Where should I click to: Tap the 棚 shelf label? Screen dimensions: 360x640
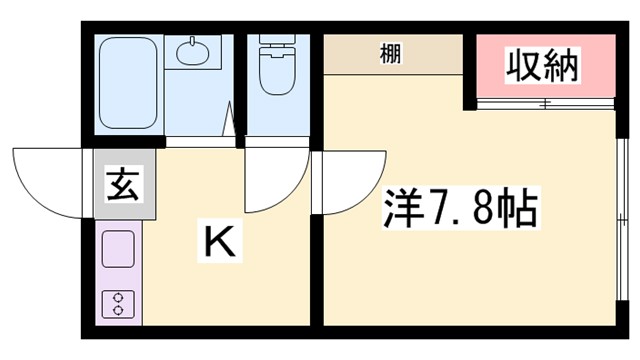pos(391,53)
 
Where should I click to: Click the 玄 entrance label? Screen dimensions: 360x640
pos(122,185)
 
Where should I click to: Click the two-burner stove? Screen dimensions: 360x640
pos(118,302)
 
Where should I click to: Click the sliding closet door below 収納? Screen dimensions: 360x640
pos(545,104)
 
